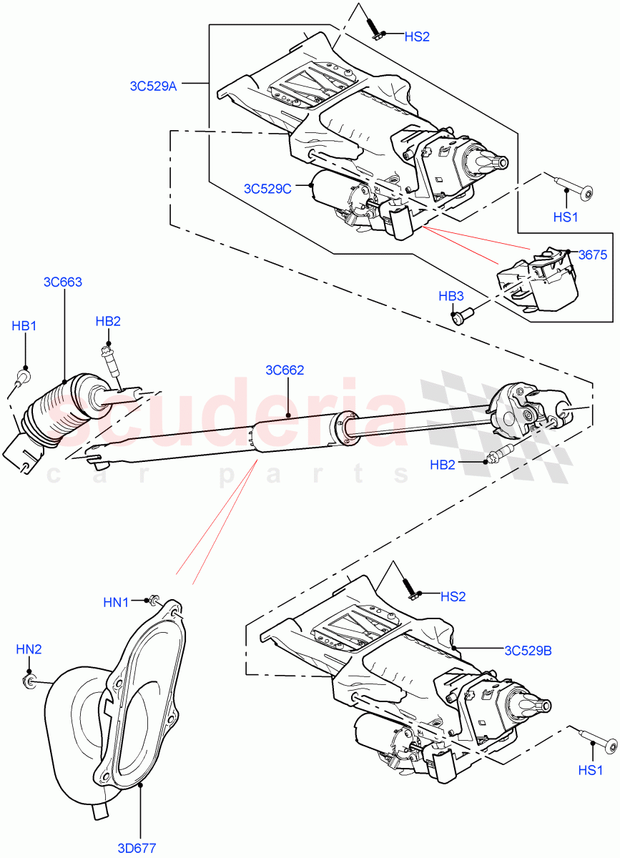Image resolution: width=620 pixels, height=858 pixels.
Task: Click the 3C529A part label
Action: [153, 86]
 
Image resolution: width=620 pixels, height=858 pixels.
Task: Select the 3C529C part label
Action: [267, 189]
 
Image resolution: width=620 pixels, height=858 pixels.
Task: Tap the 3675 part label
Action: [592, 254]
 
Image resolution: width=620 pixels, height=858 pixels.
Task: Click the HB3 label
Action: [451, 297]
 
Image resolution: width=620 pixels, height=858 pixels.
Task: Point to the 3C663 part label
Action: [63, 282]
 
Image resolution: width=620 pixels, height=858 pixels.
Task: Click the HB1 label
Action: [24, 326]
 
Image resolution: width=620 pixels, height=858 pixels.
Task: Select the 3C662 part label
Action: [285, 370]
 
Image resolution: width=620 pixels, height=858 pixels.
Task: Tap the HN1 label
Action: [116, 603]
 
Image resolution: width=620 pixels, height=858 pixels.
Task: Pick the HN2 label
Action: [29, 649]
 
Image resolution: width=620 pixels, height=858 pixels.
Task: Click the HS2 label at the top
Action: [417, 36]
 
